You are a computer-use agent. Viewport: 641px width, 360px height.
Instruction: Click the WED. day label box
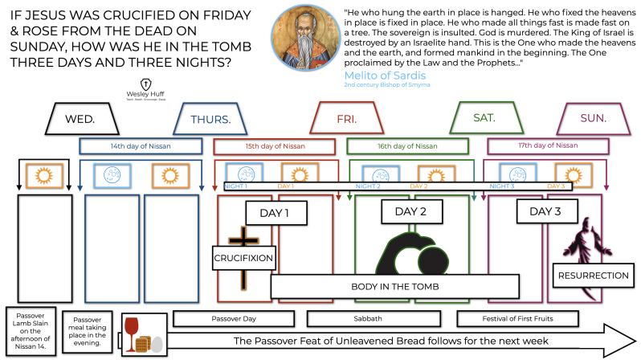80,119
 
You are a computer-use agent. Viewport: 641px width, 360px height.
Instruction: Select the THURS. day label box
211,119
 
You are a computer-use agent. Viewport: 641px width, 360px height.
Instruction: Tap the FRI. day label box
347,119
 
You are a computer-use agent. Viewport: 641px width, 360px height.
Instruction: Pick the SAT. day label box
484,118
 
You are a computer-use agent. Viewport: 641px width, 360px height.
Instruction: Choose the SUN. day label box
593,118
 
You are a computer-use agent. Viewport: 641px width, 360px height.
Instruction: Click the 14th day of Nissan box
140,146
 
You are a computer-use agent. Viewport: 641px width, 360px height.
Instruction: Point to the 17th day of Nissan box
544,145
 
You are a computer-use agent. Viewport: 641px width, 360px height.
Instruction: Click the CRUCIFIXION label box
244,259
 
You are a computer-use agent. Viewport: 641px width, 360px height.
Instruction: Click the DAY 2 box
410,213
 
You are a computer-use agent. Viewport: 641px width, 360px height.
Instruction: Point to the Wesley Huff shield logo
147,84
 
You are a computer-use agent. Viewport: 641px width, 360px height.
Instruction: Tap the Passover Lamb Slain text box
31,329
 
